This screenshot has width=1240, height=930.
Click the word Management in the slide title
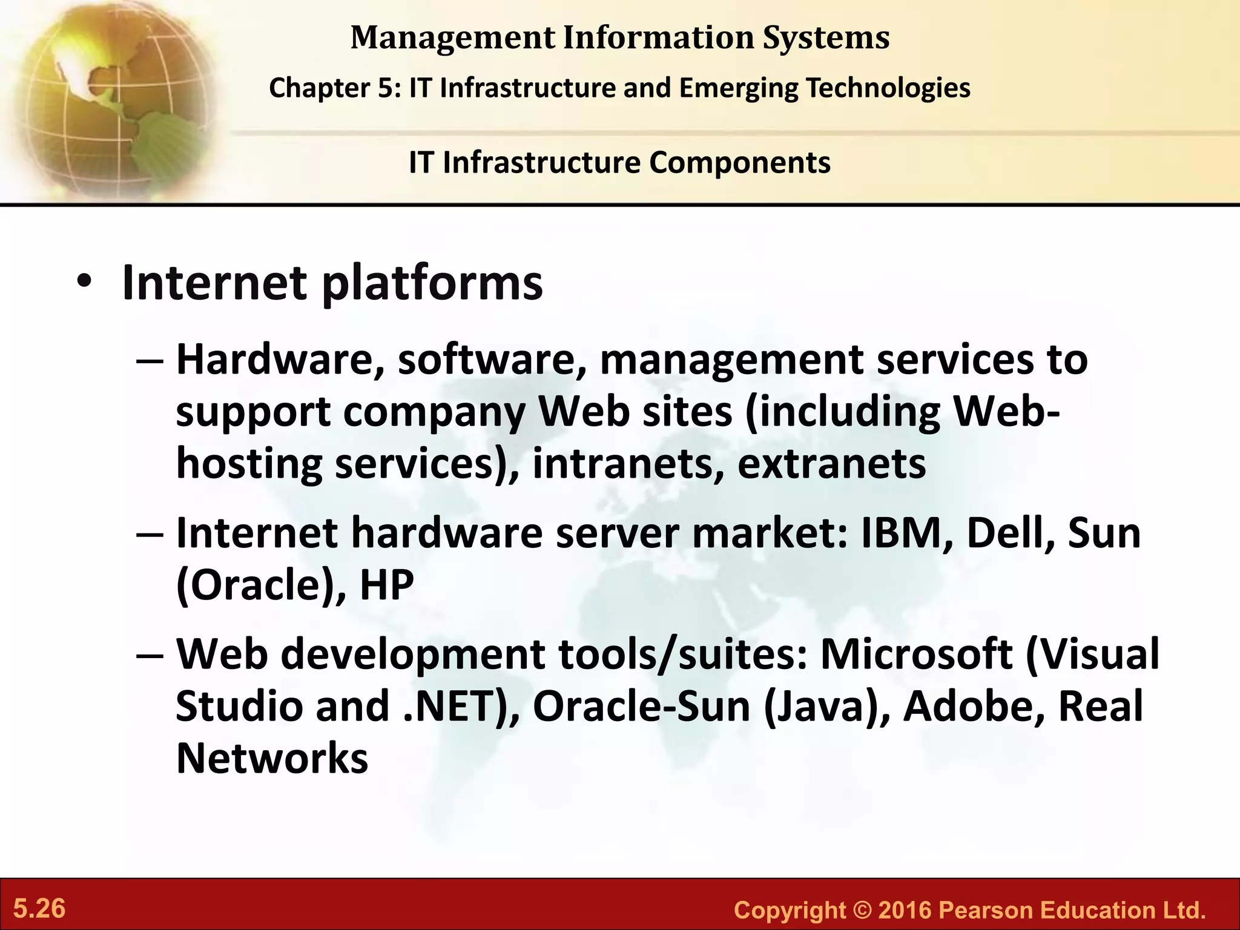point(452,38)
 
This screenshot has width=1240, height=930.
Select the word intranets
point(628,464)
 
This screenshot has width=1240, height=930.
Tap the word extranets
point(831,464)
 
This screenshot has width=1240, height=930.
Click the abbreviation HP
point(386,585)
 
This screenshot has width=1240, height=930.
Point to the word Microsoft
point(916,655)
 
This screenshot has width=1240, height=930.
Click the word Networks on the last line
point(272,759)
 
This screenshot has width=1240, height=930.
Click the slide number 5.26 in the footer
point(39,909)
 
